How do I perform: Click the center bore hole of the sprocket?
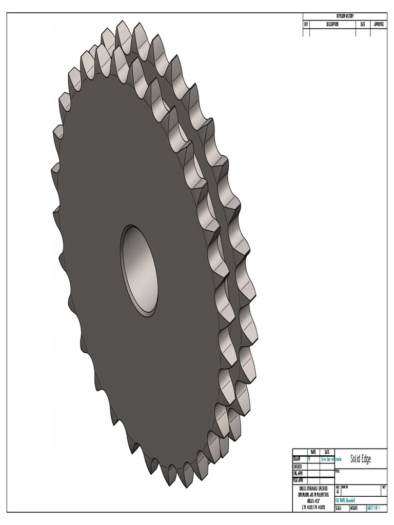140,270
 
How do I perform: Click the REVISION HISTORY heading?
344,16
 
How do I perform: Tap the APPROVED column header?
379,24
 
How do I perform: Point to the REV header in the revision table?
306,24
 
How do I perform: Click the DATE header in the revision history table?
363,24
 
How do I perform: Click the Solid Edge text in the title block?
360,459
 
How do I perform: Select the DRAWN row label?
297,459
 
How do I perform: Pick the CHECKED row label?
298,467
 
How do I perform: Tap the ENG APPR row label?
298,474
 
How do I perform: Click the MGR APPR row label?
298,481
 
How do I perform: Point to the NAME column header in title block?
313,452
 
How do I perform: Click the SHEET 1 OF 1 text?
376,508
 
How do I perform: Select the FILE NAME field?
346,500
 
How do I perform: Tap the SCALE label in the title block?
339,508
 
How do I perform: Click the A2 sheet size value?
338,491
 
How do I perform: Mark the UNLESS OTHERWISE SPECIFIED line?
313,489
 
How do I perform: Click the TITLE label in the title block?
338,471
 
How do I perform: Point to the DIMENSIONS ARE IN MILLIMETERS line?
313,495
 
